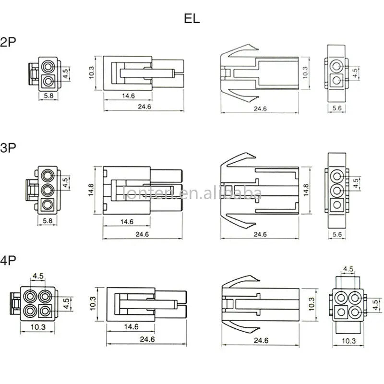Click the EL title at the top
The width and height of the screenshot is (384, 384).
(x=192, y=19)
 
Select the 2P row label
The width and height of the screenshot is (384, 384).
(x=9, y=42)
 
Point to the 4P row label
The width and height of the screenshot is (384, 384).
(x=9, y=261)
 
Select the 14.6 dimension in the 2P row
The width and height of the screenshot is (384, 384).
(x=128, y=96)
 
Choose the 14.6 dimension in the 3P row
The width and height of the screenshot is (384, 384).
(x=128, y=221)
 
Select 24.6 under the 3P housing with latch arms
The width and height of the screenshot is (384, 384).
(x=260, y=234)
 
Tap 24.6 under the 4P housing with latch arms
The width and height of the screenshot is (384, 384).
(x=261, y=340)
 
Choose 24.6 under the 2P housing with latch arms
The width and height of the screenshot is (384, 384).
(x=260, y=109)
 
